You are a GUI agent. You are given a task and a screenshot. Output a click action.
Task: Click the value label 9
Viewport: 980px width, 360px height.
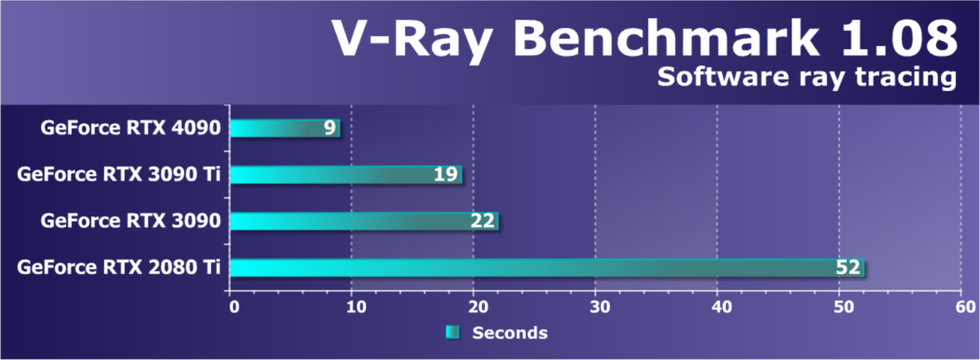[329, 128]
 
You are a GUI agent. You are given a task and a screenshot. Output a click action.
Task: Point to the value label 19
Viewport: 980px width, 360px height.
[445, 175]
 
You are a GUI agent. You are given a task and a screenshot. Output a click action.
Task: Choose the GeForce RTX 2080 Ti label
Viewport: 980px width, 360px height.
[118, 267]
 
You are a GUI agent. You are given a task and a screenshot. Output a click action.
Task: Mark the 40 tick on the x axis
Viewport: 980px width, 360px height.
[718, 308]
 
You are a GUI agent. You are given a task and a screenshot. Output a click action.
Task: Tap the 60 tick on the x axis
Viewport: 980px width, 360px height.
[963, 308]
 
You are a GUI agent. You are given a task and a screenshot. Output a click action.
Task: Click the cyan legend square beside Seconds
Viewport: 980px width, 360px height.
[452, 332]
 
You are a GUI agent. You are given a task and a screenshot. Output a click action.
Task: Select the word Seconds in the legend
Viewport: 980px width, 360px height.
[510, 333]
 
